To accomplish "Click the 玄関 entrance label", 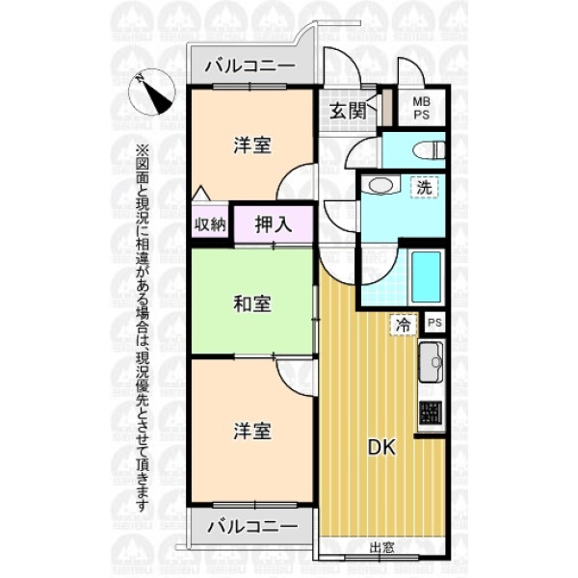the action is click(348, 111).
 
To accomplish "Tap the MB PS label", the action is click(421, 108).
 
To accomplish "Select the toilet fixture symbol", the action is click(429, 150).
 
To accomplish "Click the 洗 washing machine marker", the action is click(424, 188).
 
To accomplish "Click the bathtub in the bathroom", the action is click(427, 276).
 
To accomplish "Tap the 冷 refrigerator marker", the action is click(404, 325).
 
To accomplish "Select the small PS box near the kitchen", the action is click(434, 323).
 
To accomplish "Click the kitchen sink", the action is click(431, 363).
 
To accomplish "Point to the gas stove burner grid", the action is click(431, 412).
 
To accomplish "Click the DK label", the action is click(381, 448).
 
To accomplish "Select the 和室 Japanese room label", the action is click(252, 304).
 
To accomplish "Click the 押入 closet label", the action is click(274, 223).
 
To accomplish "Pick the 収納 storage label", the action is click(210, 224).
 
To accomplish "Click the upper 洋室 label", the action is click(252, 145).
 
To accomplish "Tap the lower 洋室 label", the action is click(252, 432).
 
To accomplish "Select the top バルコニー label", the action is click(250, 66).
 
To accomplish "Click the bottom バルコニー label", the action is click(252, 527).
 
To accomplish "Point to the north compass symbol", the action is click(151, 92).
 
